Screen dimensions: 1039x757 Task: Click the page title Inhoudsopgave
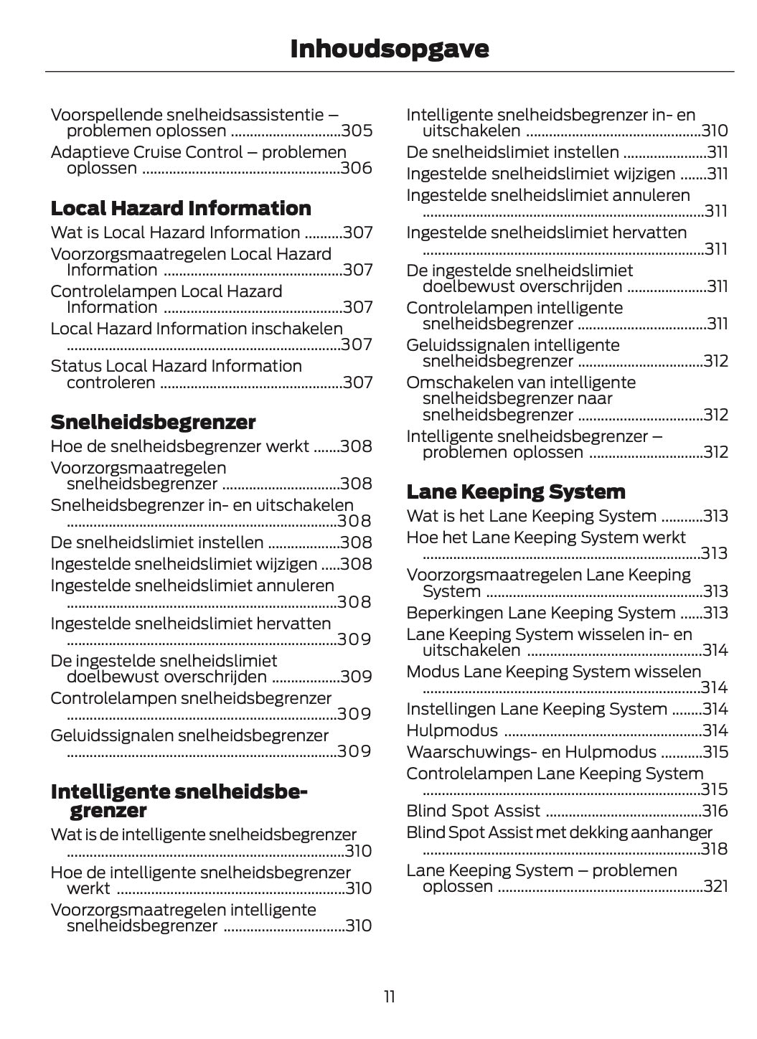coord(389,48)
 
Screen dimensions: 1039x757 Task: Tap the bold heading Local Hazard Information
coord(181,208)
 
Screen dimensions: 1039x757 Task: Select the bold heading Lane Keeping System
coord(515,492)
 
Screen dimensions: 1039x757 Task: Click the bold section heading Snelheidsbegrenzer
coord(153,421)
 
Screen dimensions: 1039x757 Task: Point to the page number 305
coord(357,131)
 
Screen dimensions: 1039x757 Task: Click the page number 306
coord(357,168)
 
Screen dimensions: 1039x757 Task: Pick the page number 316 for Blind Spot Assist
coord(715,811)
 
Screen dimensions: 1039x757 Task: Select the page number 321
coord(715,886)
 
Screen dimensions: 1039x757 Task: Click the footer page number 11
coord(389,997)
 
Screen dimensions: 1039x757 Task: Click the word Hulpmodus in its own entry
coord(452,730)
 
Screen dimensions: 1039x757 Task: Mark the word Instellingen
coord(450,709)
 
